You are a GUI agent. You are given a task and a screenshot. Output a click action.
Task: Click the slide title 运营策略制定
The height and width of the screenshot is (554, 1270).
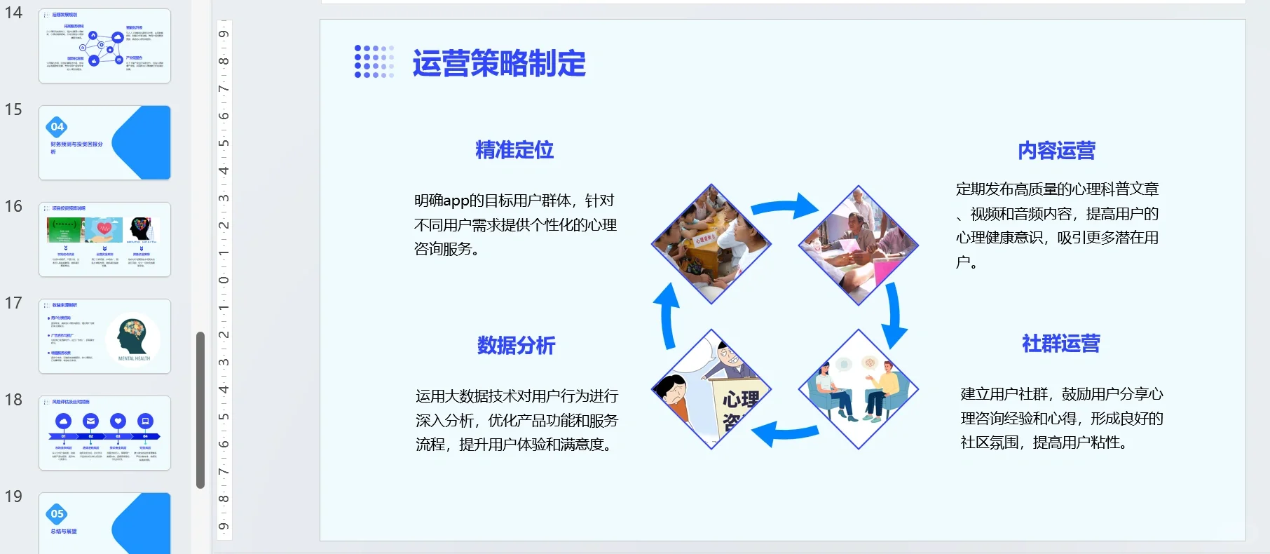coord(498,63)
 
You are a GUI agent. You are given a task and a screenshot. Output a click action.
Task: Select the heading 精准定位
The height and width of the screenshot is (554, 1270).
coord(514,150)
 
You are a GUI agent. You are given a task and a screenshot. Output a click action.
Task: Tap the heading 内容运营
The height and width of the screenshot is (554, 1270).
coord(1056,151)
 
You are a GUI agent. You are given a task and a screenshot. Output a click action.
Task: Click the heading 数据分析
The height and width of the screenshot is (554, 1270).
coord(516,345)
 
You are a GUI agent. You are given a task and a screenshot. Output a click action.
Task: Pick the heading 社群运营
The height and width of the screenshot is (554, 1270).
coord(1060,344)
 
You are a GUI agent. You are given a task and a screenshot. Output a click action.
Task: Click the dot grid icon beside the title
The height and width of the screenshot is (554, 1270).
coord(374,62)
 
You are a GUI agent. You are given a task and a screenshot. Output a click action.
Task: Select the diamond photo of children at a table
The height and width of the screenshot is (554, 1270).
coord(711,244)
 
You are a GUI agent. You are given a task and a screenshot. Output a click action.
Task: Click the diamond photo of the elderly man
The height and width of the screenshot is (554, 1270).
coord(858,245)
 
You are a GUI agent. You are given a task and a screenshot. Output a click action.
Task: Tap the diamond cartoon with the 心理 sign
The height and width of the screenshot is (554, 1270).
coord(711,389)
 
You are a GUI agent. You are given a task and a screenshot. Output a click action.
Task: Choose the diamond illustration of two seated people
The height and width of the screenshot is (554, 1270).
coord(858,389)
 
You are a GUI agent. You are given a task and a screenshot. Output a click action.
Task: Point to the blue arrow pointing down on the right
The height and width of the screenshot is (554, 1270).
coord(893,316)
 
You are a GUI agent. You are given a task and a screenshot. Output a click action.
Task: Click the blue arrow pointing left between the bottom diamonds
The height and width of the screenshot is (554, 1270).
coord(785,433)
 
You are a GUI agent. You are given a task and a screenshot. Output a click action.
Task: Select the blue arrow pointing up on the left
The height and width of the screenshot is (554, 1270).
coord(667,316)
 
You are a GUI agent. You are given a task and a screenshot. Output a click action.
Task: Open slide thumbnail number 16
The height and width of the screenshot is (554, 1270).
coord(104,239)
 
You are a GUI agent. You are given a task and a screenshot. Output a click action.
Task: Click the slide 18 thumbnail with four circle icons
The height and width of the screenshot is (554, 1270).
coord(104,433)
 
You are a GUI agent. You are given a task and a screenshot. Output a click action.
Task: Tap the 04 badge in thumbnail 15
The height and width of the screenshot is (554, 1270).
coord(57,127)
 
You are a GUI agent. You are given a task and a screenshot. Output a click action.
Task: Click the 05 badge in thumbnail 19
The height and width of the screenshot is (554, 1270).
coord(57,514)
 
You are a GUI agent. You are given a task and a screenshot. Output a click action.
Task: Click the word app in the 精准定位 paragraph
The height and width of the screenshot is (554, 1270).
coord(456,201)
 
